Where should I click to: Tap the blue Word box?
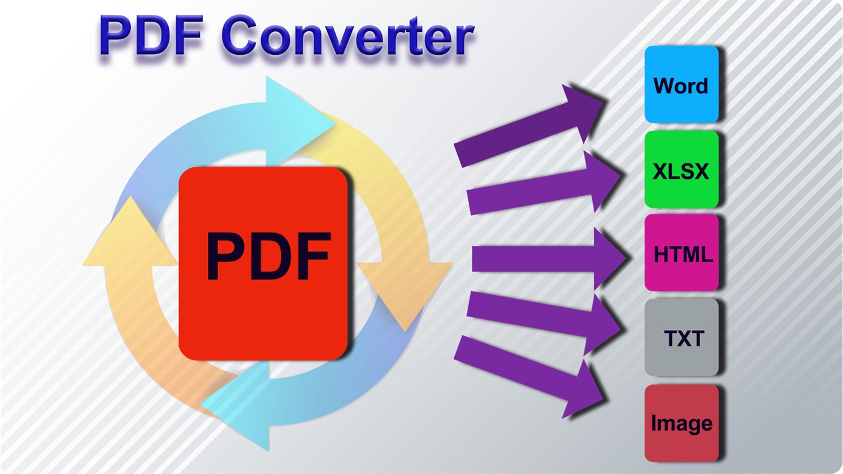[x=682, y=84]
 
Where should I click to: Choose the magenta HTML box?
[x=682, y=254]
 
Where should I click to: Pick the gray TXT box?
[x=682, y=338]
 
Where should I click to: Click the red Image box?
[x=682, y=423]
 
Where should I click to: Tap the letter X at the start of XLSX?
[x=660, y=172]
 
